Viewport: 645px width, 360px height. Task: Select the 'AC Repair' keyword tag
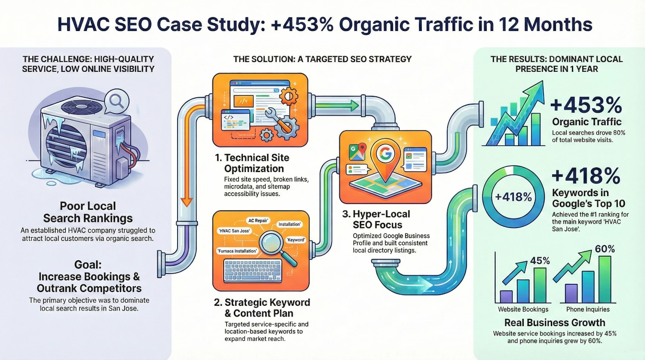(258, 221)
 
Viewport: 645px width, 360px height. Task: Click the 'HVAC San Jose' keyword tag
(234, 231)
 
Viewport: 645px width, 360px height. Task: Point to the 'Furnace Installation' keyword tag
(237, 251)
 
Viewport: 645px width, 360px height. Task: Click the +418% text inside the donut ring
(513, 197)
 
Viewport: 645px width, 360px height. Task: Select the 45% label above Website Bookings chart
(540, 261)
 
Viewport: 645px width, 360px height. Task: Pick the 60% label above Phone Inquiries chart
(605, 249)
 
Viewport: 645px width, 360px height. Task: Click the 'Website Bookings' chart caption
(523, 309)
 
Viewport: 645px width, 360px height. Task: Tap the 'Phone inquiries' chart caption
(588, 309)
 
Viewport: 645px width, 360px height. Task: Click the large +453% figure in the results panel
(586, 105)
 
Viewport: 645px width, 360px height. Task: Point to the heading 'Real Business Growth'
(555, 323)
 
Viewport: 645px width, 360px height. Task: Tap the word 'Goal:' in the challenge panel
(88, 265)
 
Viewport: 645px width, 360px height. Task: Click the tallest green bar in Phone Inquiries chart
(605, 279)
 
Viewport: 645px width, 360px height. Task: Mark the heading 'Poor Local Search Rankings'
(88, 212)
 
